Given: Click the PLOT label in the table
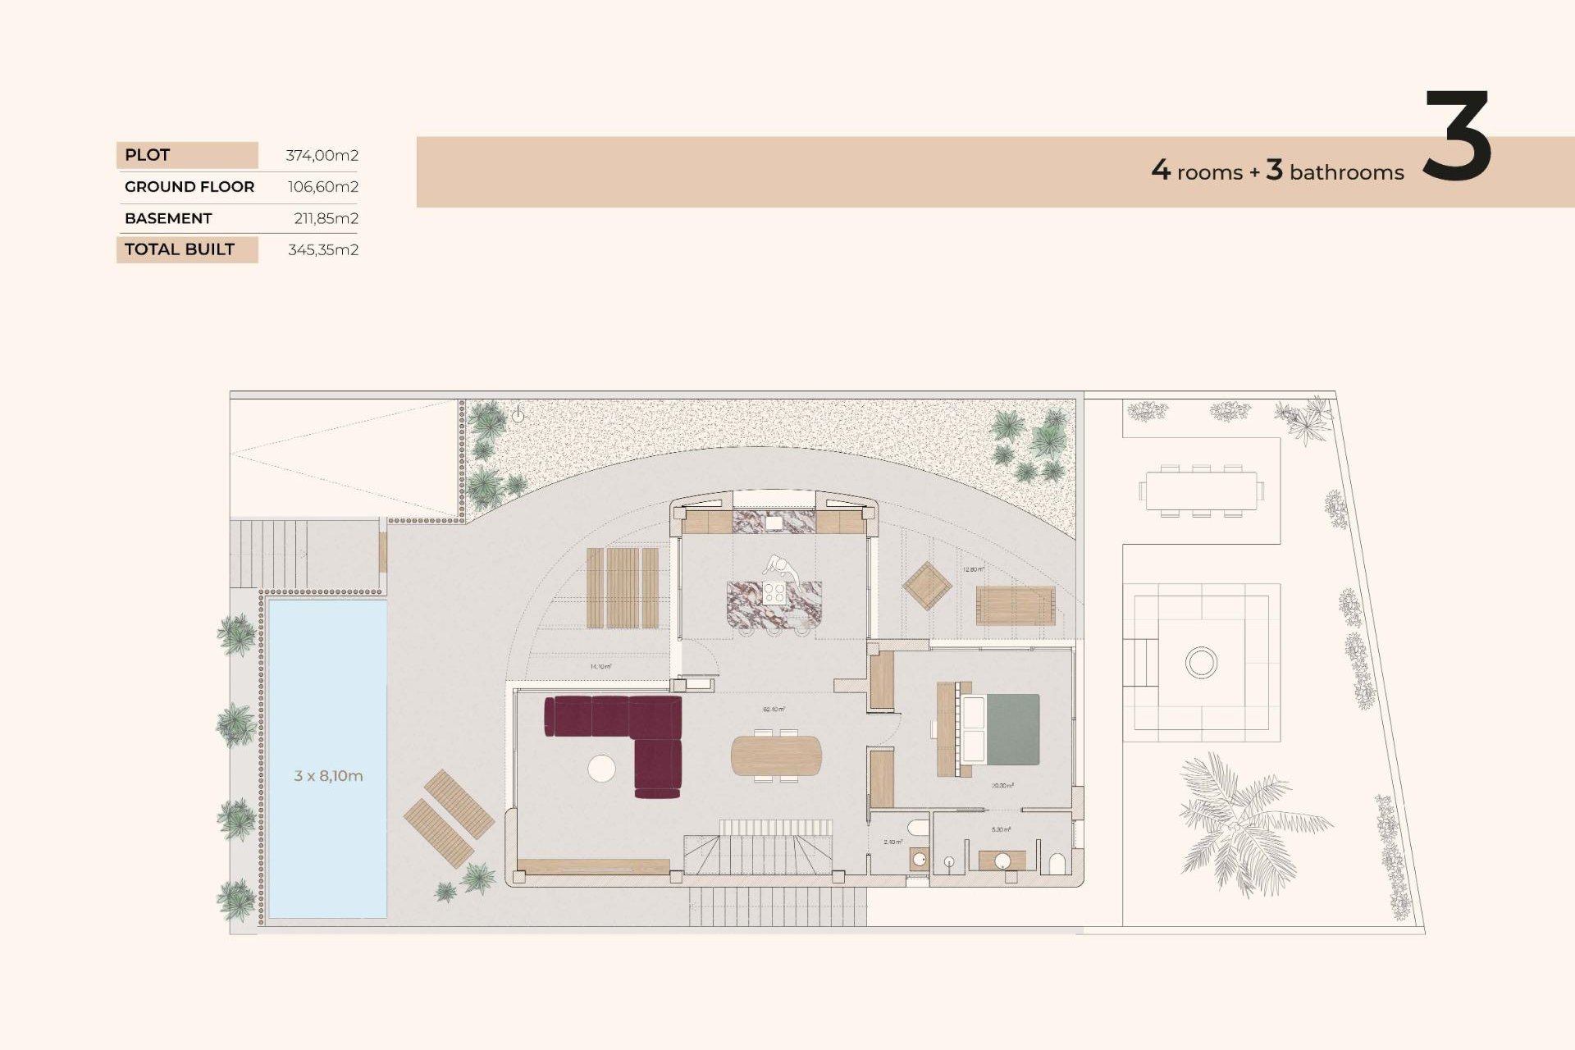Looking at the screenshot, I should click(148, 155).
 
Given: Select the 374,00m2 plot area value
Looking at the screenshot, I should click(322, 155).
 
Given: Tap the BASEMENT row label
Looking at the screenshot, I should click(168, 218).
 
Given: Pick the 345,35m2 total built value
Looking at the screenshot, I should click(322, 249).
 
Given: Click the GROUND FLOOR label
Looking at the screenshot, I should click(189, 187).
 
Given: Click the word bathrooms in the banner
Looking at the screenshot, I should click(1346, 172).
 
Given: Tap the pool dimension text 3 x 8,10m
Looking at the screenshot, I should click(328, 775).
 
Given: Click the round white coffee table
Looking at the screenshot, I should click(601, 768).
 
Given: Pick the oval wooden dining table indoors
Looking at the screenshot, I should click(775, 756).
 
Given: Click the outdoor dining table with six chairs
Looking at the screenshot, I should click(1201, 491).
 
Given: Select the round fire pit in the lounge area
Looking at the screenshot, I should click(1201, 661).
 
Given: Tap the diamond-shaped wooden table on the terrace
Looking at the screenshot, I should click(927, 585).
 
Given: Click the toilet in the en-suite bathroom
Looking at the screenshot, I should click(1057, 864).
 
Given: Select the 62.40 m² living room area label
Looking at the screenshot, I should click(774, 709).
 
